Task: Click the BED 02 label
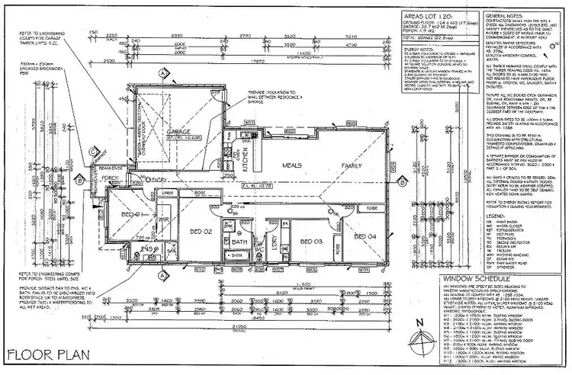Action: pos(200,230)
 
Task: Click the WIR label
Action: pos(162,221)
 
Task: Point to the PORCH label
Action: pos(114,178)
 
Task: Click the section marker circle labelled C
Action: pos(92,152)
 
